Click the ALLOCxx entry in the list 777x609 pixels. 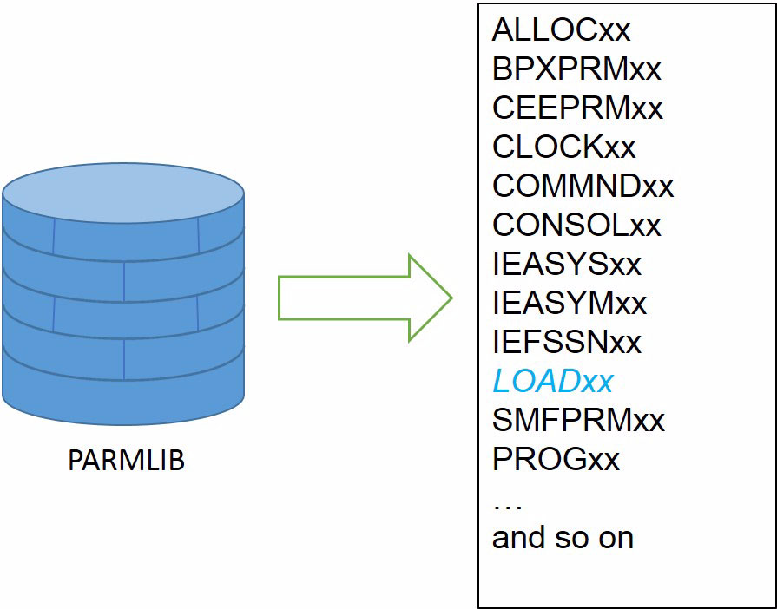561,29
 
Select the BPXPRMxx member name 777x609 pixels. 576,69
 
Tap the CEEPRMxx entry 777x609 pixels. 577,108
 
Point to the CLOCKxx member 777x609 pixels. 564,147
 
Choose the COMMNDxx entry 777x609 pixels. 583,186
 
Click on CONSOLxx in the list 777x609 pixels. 576,225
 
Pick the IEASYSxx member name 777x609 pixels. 567,264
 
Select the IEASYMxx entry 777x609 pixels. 570,303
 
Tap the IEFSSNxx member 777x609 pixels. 567,342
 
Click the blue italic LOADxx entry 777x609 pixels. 553,381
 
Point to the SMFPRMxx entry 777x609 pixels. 578,421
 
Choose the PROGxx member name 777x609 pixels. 556,460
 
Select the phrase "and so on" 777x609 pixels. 563,538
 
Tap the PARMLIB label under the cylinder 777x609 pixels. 127,461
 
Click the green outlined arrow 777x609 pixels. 365,298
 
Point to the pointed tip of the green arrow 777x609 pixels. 452,298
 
